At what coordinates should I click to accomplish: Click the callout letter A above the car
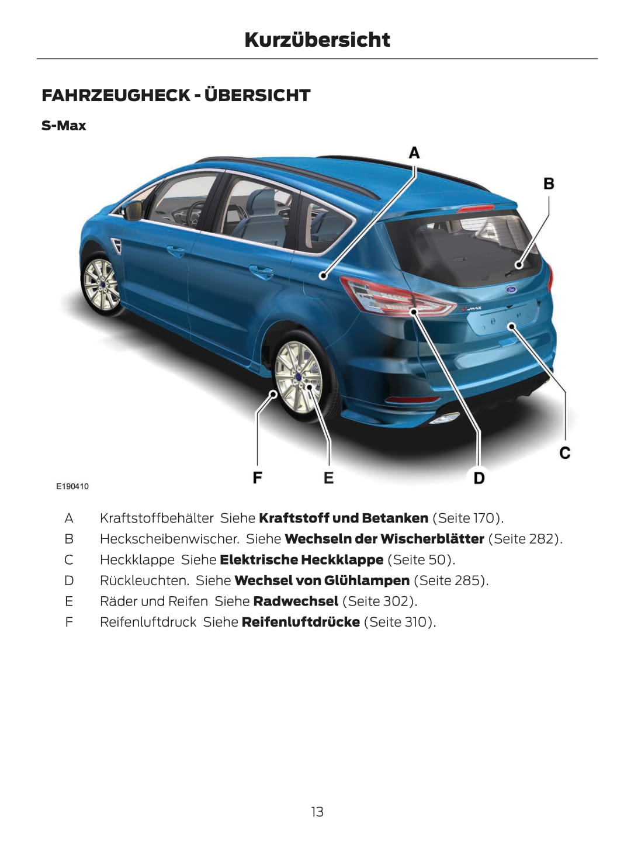(x=414, y=153)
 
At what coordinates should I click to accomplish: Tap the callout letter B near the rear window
(x=549, y=184)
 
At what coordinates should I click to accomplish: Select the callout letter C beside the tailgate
(x=564, y=453)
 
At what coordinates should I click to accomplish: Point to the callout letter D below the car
(x=479, y=478)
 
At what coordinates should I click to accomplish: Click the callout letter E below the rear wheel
(x=328, y=478)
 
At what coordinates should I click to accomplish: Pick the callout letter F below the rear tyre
(x=257, y=478)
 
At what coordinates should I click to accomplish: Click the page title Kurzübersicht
(x=317, y=40)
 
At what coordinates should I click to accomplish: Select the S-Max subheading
(x=64, y=126)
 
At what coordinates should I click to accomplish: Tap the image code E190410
(x=72, y=486)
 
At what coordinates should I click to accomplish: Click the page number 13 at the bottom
(x=317, y=811)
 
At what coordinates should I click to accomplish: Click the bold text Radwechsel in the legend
(x=296, y=601)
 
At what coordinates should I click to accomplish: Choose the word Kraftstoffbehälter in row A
(x=157, y=518)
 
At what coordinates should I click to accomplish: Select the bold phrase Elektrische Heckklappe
(x=301, y=559)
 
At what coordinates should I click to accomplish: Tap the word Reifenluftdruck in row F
(x=148, y=622)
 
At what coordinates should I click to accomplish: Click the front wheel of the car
(x=102, y=285)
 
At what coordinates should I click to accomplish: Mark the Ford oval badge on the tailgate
(x=510, y=289)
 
